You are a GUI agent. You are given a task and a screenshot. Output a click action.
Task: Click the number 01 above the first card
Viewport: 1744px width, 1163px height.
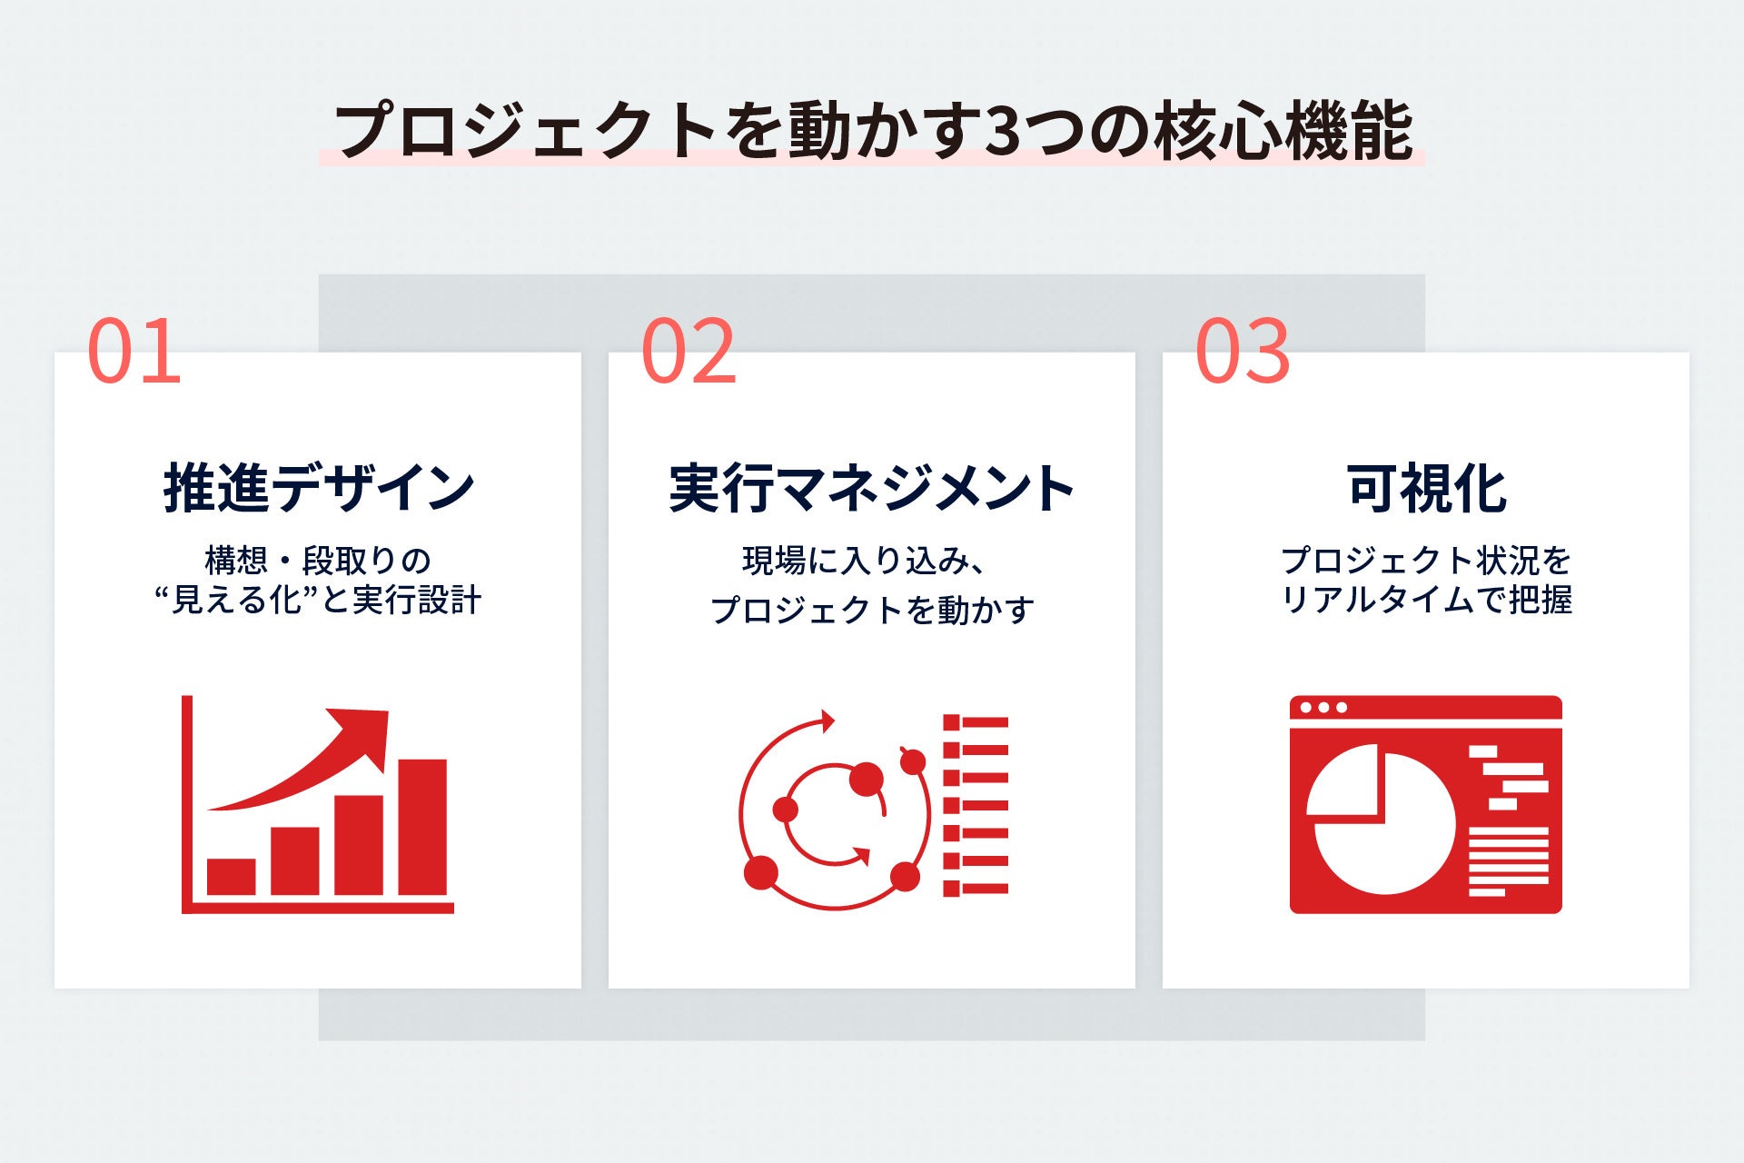tap(134, 351)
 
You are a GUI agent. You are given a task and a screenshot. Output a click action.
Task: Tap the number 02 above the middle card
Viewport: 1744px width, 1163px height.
tap(689, 351)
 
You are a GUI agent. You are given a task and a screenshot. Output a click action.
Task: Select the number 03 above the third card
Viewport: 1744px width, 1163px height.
tap(1243, 351)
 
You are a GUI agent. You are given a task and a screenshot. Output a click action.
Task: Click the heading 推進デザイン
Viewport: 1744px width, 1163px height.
tap(319, 488)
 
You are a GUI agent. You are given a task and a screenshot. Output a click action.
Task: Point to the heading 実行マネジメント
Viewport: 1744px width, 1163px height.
tap(872, 488)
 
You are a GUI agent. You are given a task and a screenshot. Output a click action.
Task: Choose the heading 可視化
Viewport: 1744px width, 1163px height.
tap(1426, 488)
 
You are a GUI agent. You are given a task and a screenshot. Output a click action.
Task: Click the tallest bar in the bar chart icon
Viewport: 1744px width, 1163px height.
tap(422, 827)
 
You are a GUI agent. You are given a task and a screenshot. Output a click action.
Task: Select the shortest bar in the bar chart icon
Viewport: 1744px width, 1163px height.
tap(231, 877)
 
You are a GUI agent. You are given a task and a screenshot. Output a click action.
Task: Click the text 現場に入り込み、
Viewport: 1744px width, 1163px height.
tap(864, 561)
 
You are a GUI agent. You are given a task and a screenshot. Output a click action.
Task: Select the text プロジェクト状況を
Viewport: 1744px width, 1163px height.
tap(1426, 560)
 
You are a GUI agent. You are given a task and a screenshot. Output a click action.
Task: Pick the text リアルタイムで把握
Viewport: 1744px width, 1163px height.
tap(1426, 600)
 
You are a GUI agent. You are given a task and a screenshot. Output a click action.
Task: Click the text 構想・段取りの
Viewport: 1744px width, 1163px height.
tap(318, 560)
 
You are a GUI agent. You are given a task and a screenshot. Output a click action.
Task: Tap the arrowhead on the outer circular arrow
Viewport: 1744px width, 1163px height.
tap(827, 721)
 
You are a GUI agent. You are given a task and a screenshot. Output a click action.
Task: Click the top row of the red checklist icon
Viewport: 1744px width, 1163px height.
tap(976, 723)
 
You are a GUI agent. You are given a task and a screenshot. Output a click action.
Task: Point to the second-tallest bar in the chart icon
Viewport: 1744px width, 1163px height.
tap(359, 845)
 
